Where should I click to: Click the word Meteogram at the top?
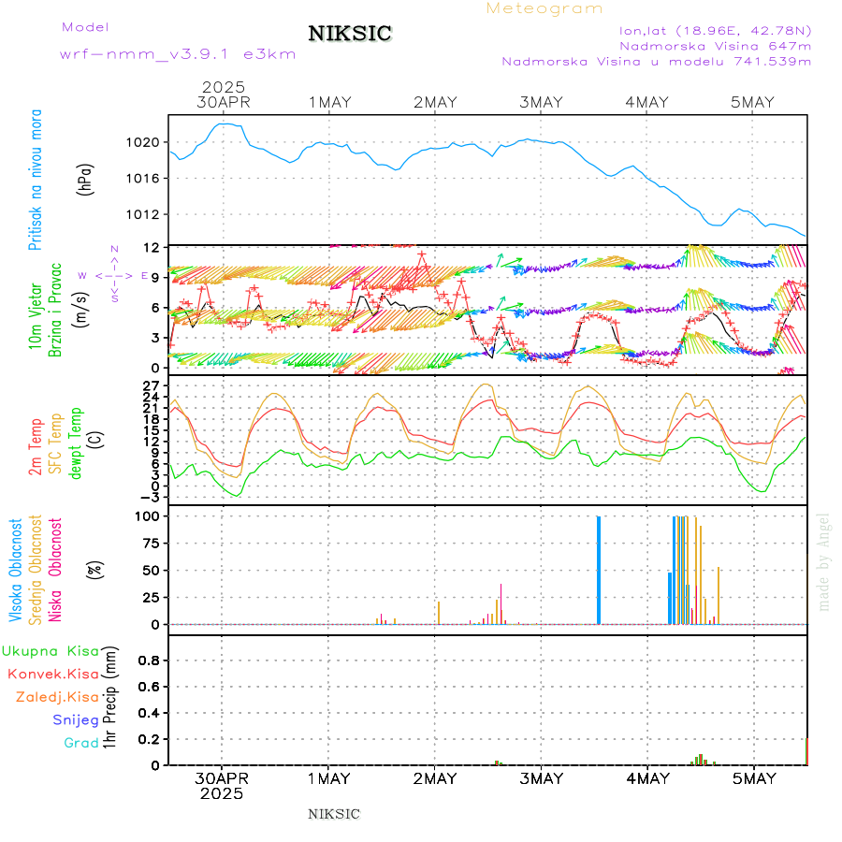click(544, 8)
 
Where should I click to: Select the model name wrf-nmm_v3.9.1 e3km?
click(178, 54)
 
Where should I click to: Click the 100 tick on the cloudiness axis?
click(150, 515)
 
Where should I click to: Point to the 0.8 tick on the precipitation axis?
click(150, 660)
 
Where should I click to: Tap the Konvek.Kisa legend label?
click(53, 674)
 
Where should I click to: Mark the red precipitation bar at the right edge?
click(806, 751)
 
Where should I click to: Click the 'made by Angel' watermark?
click(824, 561)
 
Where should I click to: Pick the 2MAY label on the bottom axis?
click(435, 778)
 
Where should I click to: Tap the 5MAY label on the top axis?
click(754, 102)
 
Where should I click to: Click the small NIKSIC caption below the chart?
click(334, 814)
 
